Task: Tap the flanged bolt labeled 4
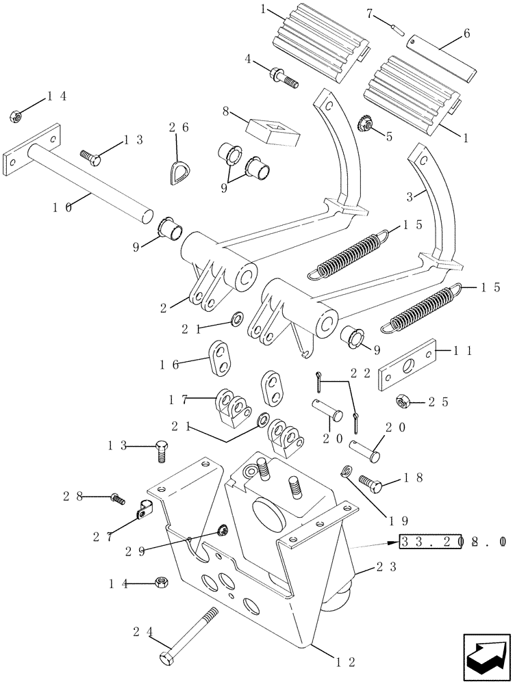point(285,74)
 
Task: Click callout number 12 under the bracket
point(345,662)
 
